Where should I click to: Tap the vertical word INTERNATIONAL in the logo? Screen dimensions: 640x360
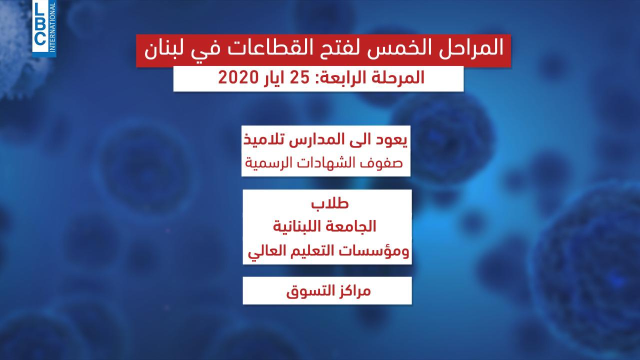pyautogui.click(x=52, y=27)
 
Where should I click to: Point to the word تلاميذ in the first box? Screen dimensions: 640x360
pyautogui.click(x=265, y=139)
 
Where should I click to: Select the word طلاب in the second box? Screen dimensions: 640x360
pyautogui.click(x=330, y=203)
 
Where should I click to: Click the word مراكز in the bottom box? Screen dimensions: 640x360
pyautogui.click(x=354, y=291)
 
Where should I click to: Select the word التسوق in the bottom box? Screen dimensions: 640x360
pyautogui.click(x=310, y=291)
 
